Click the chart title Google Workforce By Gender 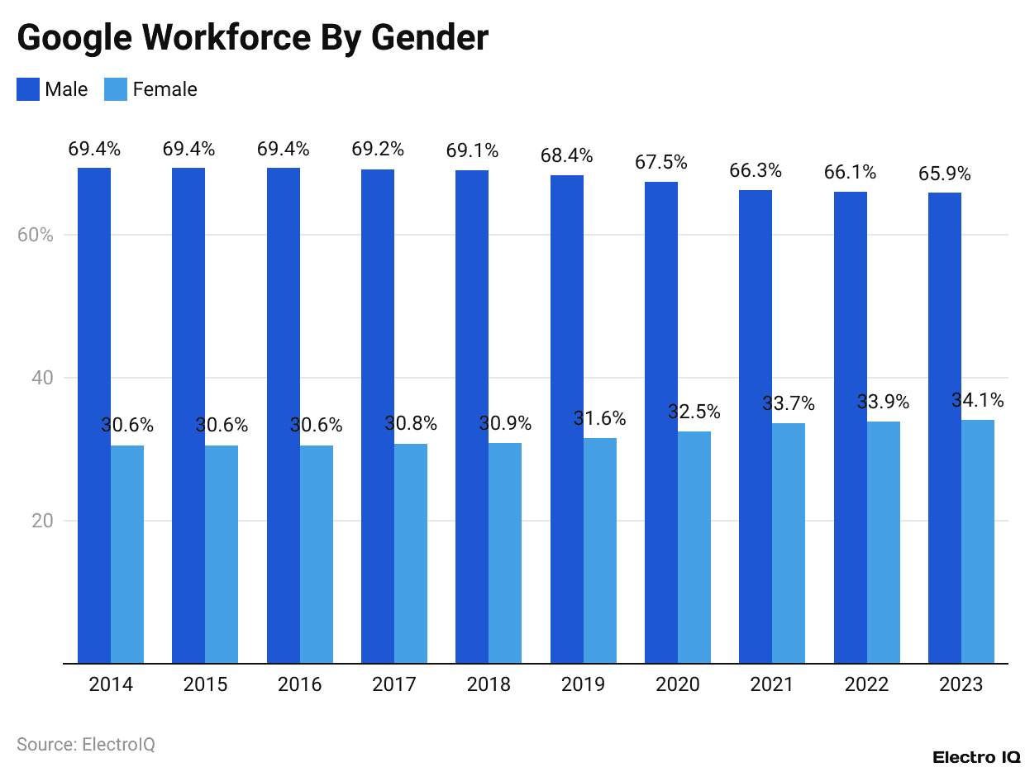[x=252, y=38]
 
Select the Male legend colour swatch [x=28, y=89]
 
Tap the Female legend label [x=164, y=89]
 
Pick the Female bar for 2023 [x=978, y=541]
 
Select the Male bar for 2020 [x=661, y=422]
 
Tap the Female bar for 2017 [x=411, y=553]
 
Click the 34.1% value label [x=978, y=401]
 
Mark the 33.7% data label [x=789, y=404]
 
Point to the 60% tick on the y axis [x=35, y=235]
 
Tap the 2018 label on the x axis [x=489, y=684]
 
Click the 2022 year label [x=866, y=684]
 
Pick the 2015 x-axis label [x=205, y=684]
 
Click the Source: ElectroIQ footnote [x=86, y=744]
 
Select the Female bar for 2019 [x=600, y=550]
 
